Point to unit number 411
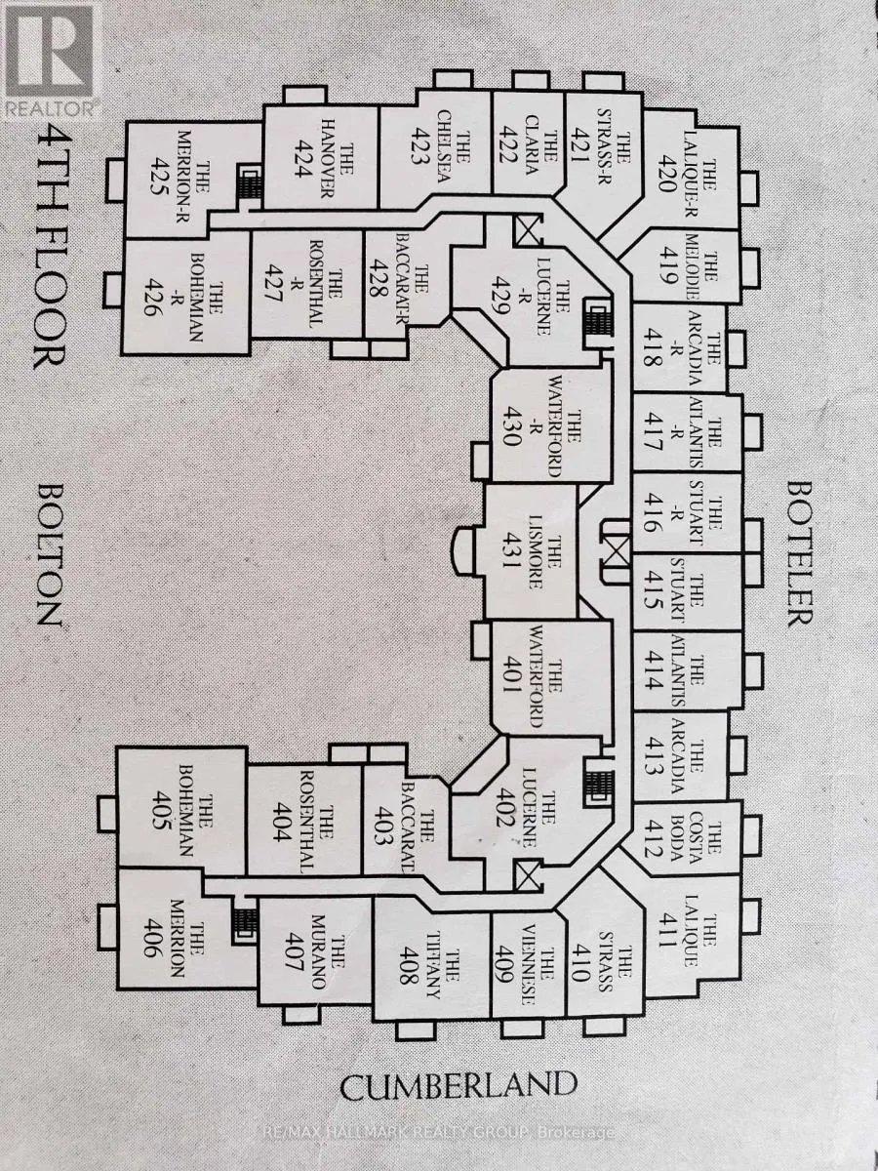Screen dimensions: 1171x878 669,923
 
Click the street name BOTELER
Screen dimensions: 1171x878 798,551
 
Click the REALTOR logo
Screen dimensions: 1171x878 51,59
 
